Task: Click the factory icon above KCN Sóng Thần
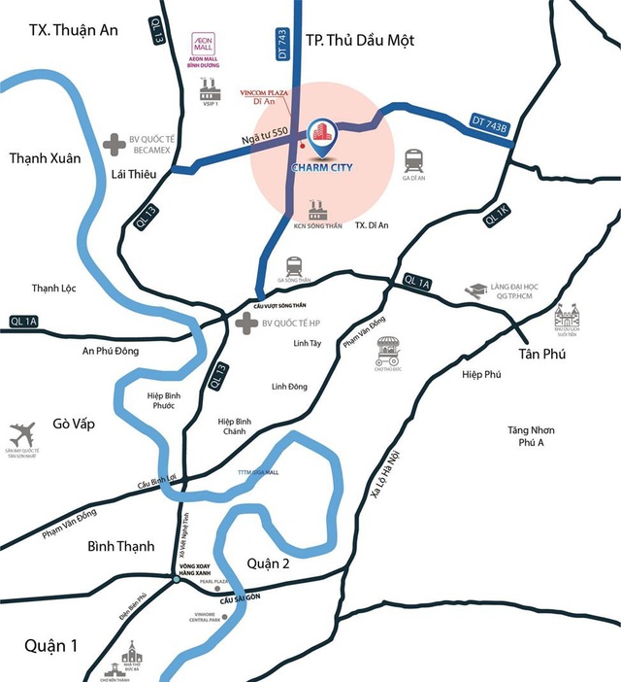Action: click(315, 210)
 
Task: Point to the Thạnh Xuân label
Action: click(45, 157)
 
